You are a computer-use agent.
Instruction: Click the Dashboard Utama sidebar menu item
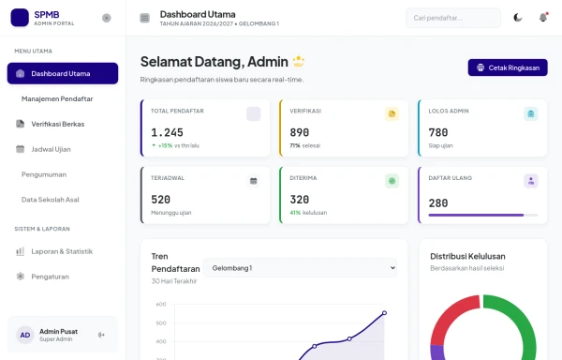(x=62, y=73)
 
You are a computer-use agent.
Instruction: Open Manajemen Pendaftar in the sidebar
(x=57, y=98)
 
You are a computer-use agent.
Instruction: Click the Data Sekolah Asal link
(x=51, y=200)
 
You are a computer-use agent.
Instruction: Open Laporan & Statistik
(x=62, y=251)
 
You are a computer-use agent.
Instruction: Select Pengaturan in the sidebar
(x=50, y=277)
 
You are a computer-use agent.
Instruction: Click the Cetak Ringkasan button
(x=507, y=67)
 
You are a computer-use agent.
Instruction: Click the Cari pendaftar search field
(x=453, y=18)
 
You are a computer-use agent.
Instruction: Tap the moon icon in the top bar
(x=519, y=18)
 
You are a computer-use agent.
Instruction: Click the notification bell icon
(x=543, y=18)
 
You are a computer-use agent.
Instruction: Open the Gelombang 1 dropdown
(x=300, y=268)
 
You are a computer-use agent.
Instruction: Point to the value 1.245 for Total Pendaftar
(x=168, y=133)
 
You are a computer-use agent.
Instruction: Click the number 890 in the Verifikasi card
(x=300, y=133)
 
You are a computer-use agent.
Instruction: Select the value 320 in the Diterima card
(x=300, y=200)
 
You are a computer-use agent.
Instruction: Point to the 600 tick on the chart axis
(x=160, y=305)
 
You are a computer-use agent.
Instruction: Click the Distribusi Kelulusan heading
(x=467, y=256)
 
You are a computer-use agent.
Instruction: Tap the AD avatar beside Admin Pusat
(x=25, y=335)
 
